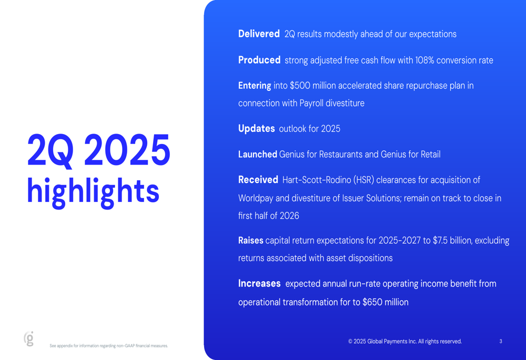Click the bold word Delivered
259,34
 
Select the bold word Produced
259,60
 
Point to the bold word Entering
255,86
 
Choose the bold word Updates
256,129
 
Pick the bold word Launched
258,154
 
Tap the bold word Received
258,180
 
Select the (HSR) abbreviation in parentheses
363,180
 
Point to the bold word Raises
250,240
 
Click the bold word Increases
259,284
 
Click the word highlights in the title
93,191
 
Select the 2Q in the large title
50,150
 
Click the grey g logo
29,338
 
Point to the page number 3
501,341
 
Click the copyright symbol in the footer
350,342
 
